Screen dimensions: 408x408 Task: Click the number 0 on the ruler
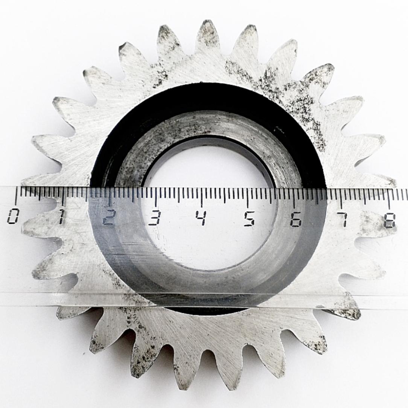[x=12, y=216]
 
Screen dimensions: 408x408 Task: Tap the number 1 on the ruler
[x=61, y=217]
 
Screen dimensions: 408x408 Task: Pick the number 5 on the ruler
[x=249, y=219]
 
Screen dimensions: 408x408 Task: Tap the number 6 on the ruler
[x=296, y=219]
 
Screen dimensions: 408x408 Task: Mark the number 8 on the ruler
[x=390, y=221]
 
